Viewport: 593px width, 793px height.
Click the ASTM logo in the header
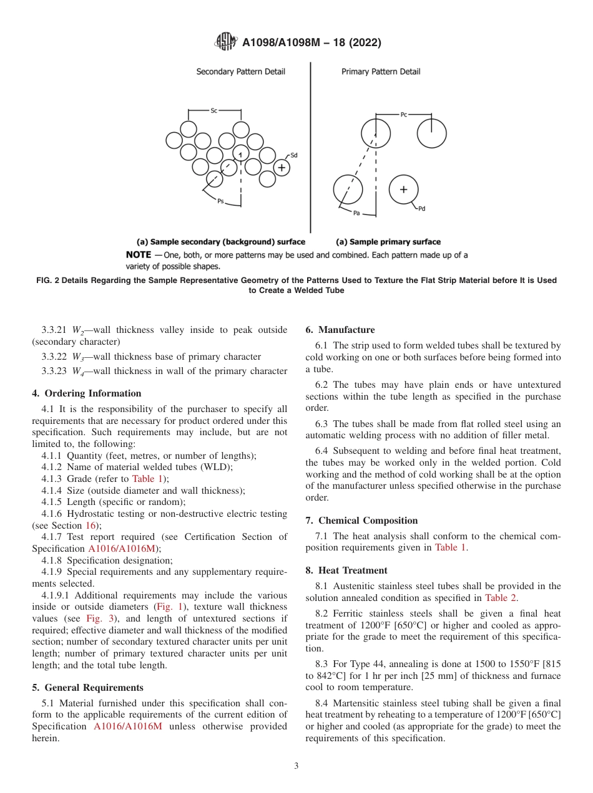click(225, 42)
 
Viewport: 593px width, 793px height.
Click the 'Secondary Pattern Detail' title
click(240, 72)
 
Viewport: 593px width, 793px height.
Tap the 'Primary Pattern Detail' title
click(381, 72)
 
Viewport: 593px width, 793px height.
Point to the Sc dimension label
click(213, 110)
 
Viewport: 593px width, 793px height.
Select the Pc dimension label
click(404, 115)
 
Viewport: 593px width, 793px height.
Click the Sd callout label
click(294, 155)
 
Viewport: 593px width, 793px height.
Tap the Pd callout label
click(421, 209)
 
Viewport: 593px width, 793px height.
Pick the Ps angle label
click(220, 201)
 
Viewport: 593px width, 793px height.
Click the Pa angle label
click(356, 213)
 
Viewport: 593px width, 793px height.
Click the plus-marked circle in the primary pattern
click(403, 190)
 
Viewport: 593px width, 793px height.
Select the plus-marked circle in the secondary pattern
click(282, 168)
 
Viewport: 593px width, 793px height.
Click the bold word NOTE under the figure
click(139, 255)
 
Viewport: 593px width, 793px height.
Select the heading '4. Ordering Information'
click(86, 393)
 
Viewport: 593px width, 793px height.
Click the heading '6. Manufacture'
click(340, 330)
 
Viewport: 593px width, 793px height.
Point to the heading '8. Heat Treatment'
click(346, 570)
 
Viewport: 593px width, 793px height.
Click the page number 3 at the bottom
click(296, 766)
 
